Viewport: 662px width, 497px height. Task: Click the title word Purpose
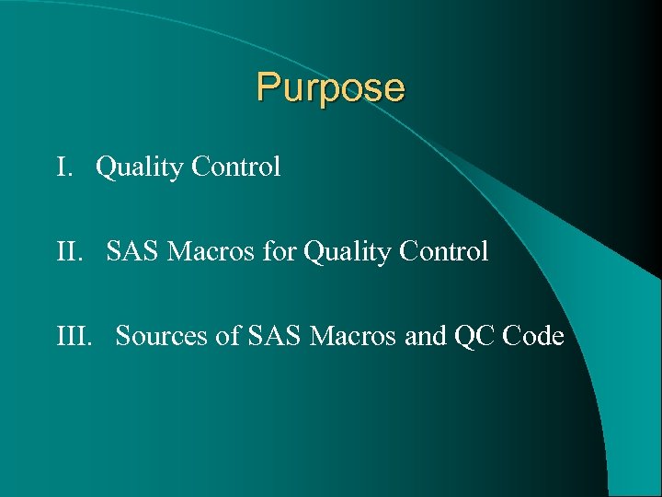click(x=330, y=88)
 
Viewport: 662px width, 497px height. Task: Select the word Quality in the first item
click(x=140, y=168)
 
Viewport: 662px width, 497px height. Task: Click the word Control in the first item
click(x=235, y=168)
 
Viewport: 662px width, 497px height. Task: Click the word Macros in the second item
click(x=209, y=251)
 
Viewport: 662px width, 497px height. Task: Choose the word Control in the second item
click(x=443, y=251)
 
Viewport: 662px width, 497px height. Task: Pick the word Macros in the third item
click(x=353, y=337)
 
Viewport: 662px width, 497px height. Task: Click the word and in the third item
click(x=425, y=337)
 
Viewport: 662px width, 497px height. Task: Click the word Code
click(x=534, y=337)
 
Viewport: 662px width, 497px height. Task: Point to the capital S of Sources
click(x=123, y=337)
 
